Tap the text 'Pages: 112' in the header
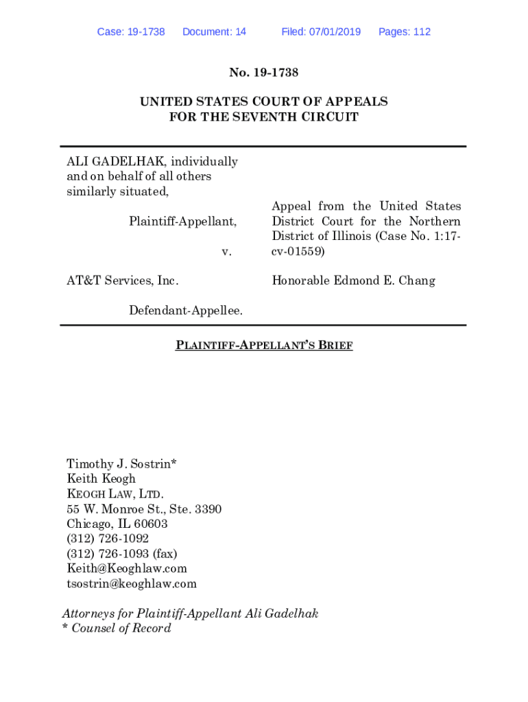click(405, 32)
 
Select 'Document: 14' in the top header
click(214, 32)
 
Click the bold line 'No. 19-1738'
click(264, 72)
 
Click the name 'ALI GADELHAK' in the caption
click(115, 162)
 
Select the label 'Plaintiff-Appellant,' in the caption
click(183, 221)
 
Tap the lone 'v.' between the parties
click(227, 252)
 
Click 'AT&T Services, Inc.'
click(122, 280)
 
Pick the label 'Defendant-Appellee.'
click(186, 311)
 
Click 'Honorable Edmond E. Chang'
click(353, 280)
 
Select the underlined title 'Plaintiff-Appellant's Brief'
click(264, 346)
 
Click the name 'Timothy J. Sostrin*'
click(121, 463)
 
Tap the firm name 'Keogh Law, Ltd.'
click(115, 494)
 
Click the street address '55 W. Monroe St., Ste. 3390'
click(144, 509)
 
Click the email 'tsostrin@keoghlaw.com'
click(132, 584)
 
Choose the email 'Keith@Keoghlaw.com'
click(127, 569)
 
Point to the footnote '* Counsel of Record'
click(117, 629)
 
